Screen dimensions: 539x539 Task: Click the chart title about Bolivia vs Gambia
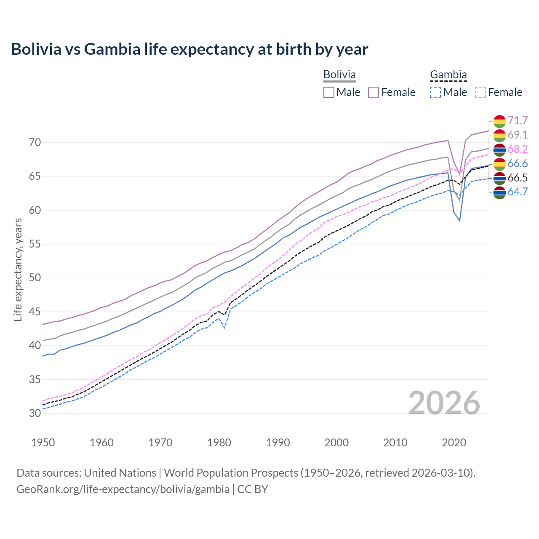(x=189, y=49)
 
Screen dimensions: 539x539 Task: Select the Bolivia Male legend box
(x=329, y=92)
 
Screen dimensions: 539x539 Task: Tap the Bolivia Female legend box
(x=374, y=92)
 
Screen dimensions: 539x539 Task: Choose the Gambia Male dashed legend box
(x=435, y=92)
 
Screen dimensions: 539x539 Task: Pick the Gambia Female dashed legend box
(x=480, y=92)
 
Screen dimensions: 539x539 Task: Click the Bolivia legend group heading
(x=339, y=75)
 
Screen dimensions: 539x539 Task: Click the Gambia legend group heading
(x=448, y=75)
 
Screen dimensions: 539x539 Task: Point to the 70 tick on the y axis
(x=35, y=143)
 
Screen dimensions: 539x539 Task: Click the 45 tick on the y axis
(x=35, y=312)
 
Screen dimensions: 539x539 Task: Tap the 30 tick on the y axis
(x=35, y=414)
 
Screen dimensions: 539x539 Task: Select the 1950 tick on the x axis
(x=43, y=443)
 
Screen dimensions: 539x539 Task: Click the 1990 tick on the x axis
(x=278, y=443)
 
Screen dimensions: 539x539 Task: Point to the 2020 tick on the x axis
(x=454, y=443)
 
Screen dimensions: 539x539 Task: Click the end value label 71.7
(x=518, y=121)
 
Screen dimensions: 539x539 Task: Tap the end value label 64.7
(x=518, y=192)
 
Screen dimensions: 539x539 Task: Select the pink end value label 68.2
(x=518, y=149)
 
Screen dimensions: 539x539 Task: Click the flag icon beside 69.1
(x=499, y=135)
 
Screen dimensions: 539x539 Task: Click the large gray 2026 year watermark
(x=444, y=403)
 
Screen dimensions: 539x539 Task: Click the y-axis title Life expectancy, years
(x=18, y=269)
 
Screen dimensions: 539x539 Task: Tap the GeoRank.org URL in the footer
(x=123, y=489)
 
